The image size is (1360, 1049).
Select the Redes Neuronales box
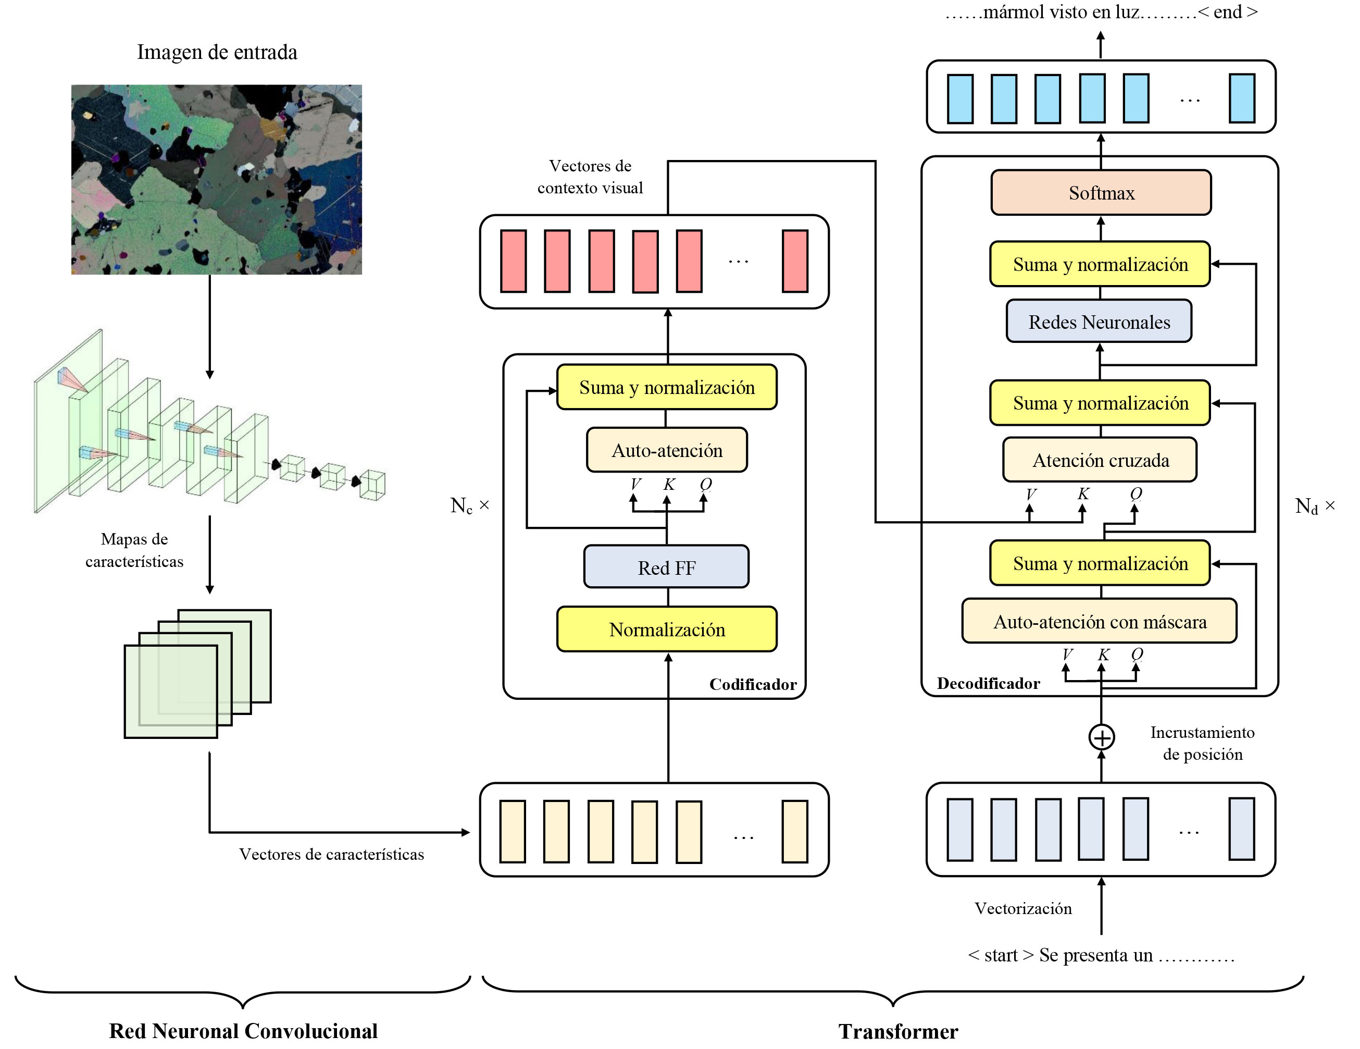tap(1099, 322)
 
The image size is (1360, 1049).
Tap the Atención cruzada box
tap(1100, 460)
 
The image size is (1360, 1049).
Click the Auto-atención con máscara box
tap(1099, 622)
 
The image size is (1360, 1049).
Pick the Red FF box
tap(666, 567)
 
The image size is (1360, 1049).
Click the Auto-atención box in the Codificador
tap(666, 450)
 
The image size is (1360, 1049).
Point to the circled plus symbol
tap(1101, 737)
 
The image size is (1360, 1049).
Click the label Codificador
tap(752, 685)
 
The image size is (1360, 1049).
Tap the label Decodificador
tap(988, 683)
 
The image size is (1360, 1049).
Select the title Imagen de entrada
tap(217, 52)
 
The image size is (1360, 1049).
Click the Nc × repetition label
tap(469, 505)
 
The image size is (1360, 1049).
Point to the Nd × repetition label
tap(1315, 506)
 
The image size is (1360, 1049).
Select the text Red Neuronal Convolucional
tap(243, 1031)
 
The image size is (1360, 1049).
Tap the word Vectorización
tap(1023, 908)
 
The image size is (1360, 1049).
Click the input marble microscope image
tap(216, 179)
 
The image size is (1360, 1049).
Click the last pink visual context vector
tap(794, 261)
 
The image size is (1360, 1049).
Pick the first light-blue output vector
tap(959, 98)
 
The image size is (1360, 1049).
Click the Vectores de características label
tap(331, 854)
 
